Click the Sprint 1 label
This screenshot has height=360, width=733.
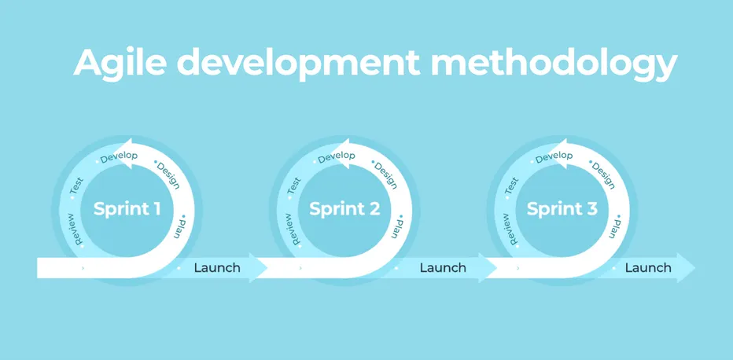pos(127,209)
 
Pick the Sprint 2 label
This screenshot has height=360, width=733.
pos(344,209)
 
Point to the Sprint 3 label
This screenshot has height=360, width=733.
pos(562,209)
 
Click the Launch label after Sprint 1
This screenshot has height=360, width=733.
pos(217,267)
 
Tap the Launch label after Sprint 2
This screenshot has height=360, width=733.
pos(443,267)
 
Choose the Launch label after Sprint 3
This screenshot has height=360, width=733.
pos(648,267)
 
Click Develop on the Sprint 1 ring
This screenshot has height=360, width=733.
pos(119,156)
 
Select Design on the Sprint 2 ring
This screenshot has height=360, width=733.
pos(385,175)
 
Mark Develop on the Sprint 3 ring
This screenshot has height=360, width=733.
pos(554,156)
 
